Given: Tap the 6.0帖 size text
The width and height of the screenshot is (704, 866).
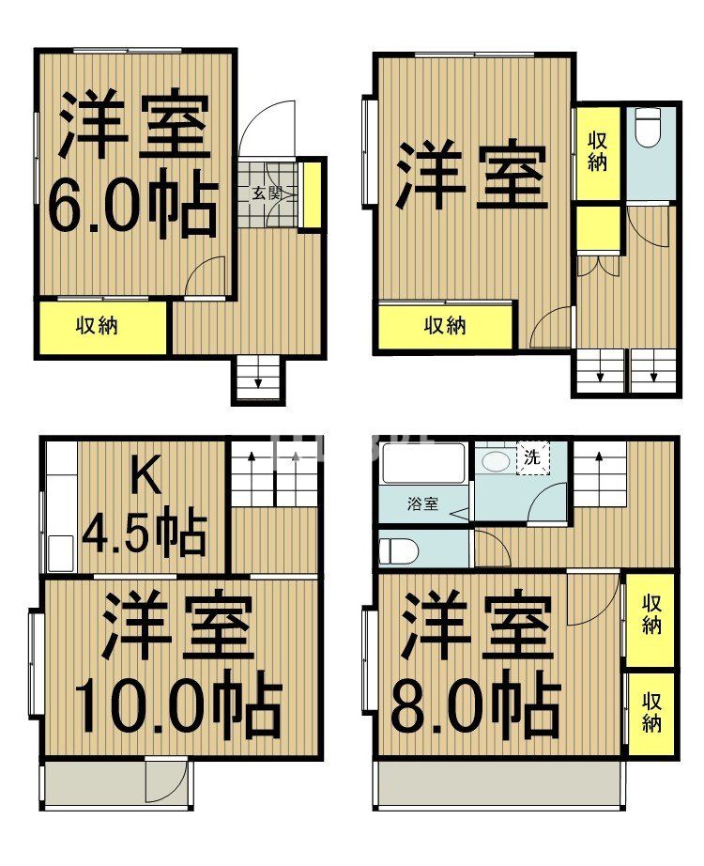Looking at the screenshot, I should click(131, 205).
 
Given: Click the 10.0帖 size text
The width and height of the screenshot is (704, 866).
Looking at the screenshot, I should click(176, 706).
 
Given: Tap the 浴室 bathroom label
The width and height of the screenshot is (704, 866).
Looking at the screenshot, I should click(421, 504).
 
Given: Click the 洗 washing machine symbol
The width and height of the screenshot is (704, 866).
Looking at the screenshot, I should click(531, 459).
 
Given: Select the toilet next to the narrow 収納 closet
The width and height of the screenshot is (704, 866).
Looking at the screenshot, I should click(649, 129).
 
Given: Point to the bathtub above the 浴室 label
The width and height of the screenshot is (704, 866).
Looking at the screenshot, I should click(423, 464).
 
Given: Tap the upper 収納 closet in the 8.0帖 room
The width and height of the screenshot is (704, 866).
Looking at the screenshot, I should click(651, 615).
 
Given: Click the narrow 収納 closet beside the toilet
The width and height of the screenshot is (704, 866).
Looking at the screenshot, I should click(598, 150).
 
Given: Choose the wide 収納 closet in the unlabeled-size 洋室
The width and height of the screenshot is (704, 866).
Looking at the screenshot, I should click(445, 326).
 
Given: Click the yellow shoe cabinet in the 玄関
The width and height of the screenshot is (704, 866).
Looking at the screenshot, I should click(311, 195).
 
